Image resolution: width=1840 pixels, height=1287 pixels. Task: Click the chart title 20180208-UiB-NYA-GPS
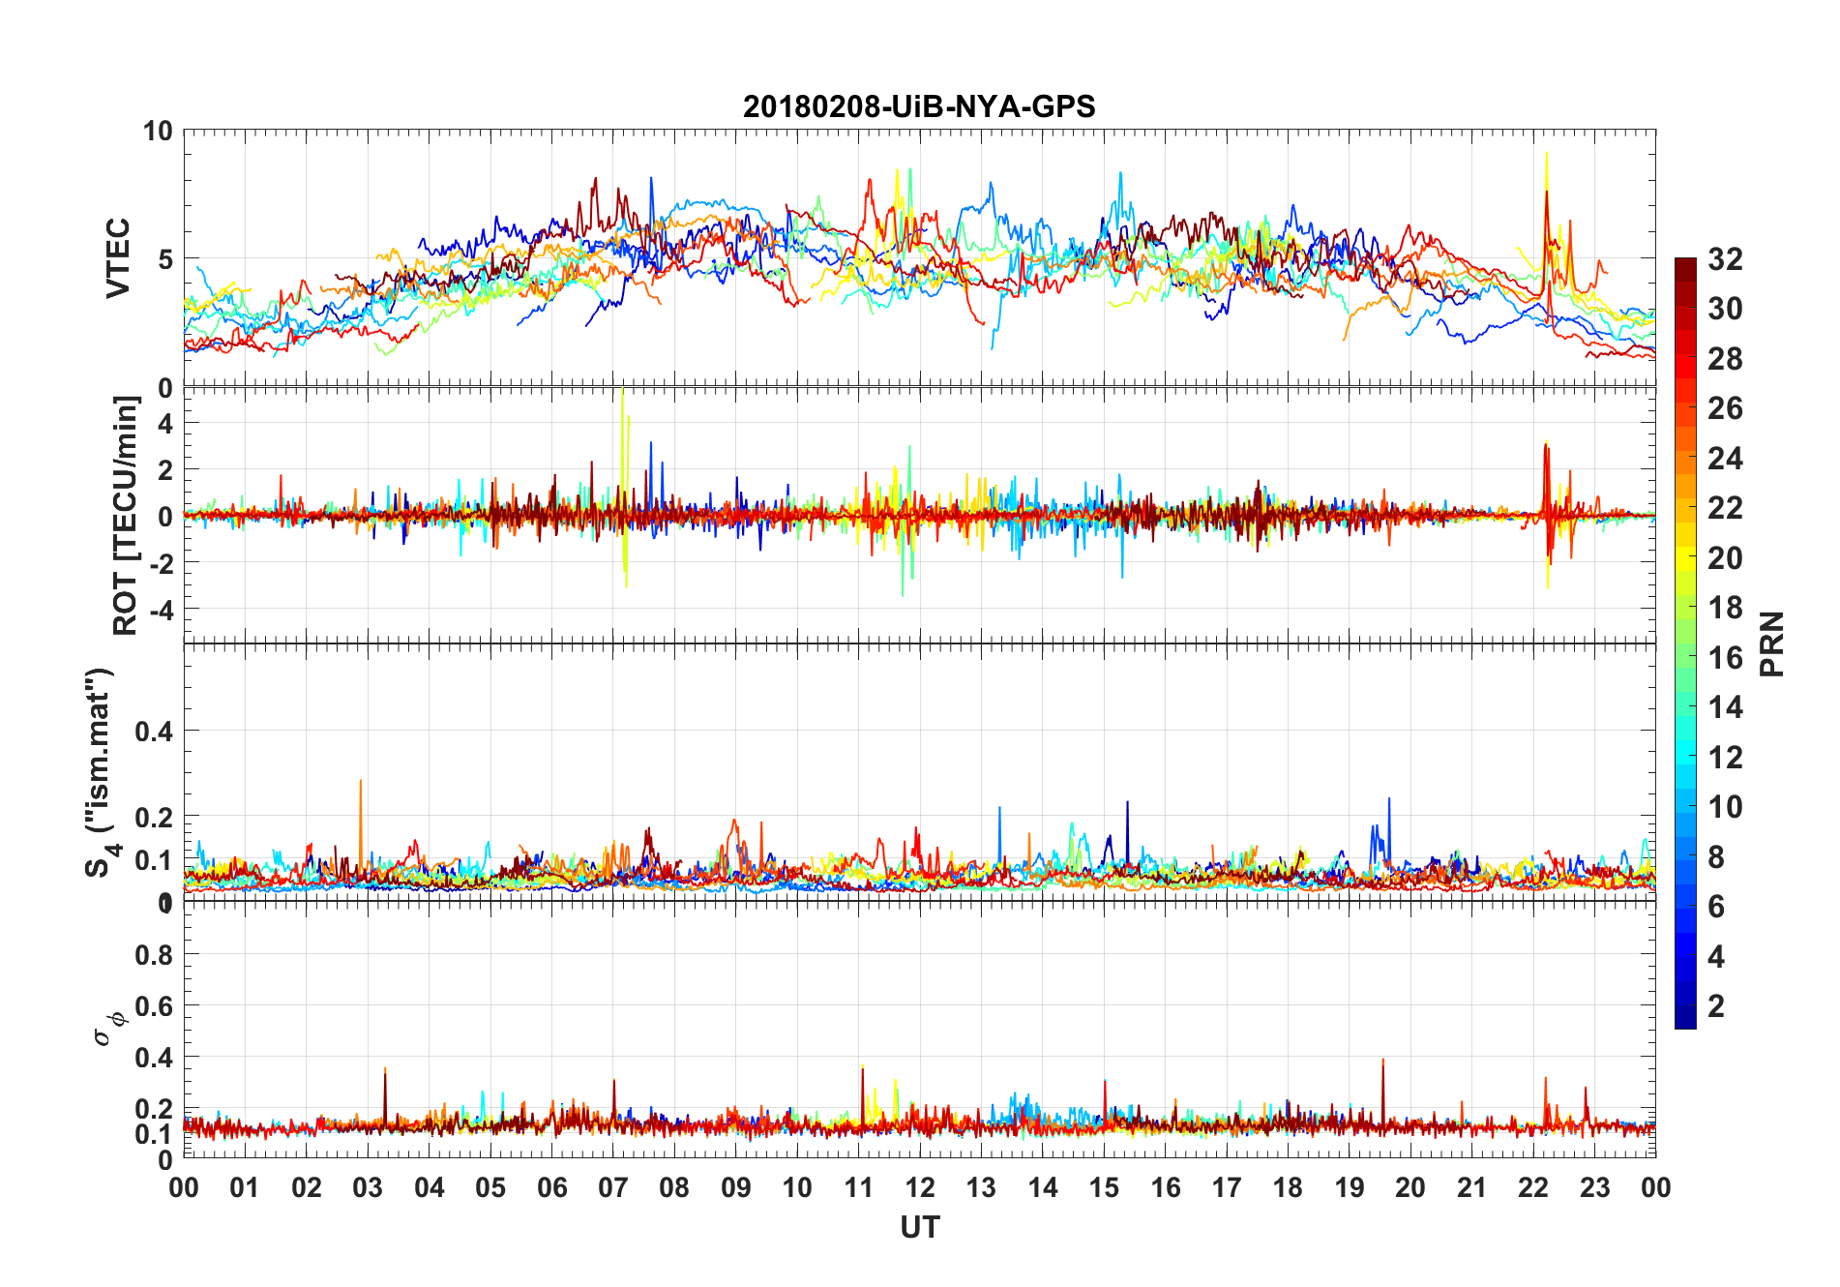[x=919, y=106]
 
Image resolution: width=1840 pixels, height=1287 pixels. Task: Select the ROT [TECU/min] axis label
[x=126, y=515]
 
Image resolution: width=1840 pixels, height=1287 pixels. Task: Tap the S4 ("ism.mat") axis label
[x=101, y=772]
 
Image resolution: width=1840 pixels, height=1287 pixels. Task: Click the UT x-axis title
[x=919, y=1228]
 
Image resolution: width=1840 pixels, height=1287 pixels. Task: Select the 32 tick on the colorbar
[x=1725, y=259]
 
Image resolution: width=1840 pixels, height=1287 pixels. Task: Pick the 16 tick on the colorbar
[x=1725, y=658]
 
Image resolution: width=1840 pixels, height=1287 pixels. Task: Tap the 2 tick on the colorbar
[x=1716, y=1006]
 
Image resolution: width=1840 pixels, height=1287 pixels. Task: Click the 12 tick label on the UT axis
[x=920, y=1187]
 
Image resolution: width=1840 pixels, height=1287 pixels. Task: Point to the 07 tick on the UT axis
[x=613, y=1187]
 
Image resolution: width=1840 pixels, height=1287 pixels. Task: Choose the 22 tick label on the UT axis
[x=1533, y=1187]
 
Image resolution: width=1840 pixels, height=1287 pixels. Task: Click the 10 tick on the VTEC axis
[x=158, y=132]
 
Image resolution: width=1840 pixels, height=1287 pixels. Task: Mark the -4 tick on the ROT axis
[x=163, y=610]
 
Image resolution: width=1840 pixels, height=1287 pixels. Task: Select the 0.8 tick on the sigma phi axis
[x=154, y=955]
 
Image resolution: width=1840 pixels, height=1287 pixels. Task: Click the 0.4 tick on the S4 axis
[x=154, y=732]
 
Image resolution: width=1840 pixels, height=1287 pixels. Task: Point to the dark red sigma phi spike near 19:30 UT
[x=1382, y=1063]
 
